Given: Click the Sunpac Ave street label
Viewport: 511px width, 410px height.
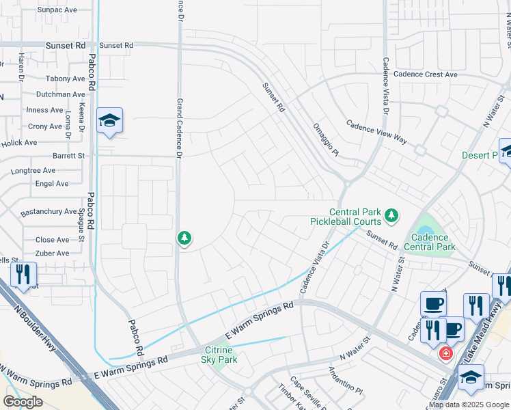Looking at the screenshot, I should pos(57,10).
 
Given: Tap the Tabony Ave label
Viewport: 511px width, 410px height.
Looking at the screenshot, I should pos(66,79).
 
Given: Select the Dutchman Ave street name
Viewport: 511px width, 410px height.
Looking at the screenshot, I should pos(60,94).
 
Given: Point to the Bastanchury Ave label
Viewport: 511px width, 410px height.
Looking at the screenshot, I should pos(49,212).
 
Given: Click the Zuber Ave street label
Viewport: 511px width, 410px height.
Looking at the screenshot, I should pos(53,253).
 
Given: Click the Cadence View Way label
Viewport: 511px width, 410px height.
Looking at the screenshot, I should pos(376,132).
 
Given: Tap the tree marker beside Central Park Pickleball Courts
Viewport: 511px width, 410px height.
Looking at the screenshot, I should pos(391,216).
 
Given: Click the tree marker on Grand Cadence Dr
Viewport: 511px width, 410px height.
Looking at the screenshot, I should pos(184,238).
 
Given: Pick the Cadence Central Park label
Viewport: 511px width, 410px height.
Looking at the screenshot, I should pos(429,242).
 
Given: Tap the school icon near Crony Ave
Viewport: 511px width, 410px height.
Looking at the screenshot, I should pos(109,122).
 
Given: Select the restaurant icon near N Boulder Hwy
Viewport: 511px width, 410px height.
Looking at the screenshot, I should pos(23,275).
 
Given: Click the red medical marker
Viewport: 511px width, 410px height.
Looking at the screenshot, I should pos(445,353).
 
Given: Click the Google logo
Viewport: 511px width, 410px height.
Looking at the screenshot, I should pos(23,402).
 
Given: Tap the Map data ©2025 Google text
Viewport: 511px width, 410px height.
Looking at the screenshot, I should pos(469,405).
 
